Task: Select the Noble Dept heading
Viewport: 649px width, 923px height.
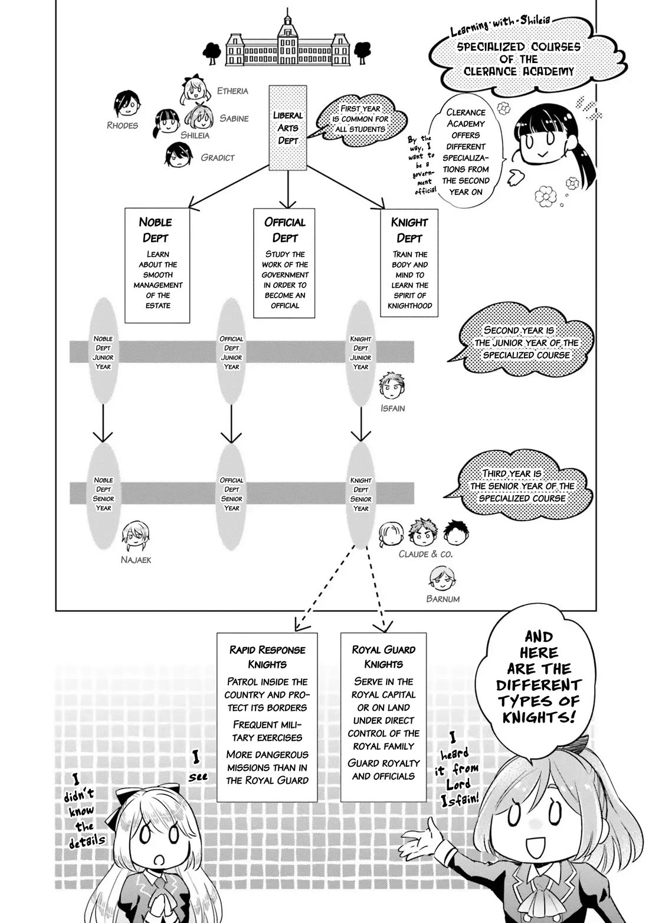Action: click(156, 230)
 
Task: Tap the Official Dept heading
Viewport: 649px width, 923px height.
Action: click(285, 230)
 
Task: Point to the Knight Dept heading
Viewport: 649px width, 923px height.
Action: click(409, 230)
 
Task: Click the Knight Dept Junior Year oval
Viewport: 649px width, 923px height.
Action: click(360, 352)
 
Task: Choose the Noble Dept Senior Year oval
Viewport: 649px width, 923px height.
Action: click(103, 494)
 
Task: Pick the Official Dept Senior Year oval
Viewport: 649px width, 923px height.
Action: click(232, 494)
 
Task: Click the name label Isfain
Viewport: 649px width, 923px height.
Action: click(392, 408)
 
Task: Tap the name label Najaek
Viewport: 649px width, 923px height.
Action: click(136, 560)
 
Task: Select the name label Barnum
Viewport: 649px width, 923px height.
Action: click(442, 599)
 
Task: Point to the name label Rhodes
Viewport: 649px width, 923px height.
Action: click(123, 125)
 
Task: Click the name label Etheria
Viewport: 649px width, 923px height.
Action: click(232, 91)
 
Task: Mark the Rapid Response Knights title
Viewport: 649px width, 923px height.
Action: click(267, 657)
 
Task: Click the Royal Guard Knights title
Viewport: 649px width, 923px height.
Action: click(383, 657)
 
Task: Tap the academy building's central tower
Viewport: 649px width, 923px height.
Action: click(287, 27)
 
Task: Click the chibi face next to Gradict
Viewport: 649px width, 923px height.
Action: click(176, 155)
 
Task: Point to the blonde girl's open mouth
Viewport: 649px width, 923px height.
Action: click(159, 860)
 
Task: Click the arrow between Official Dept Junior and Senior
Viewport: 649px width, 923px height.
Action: click(231, 423)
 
